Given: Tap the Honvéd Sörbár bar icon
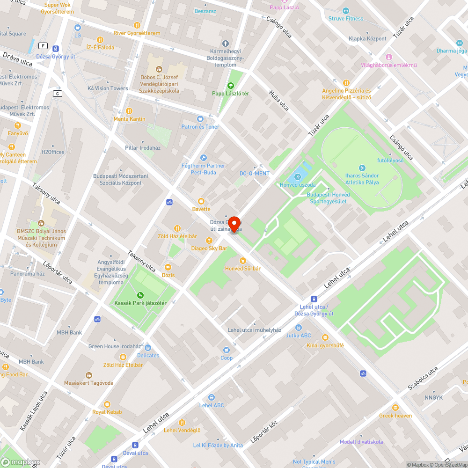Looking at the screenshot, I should pos(242,260).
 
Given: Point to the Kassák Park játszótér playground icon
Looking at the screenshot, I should pos(140,295).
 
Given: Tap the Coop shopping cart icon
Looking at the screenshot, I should pos(227,350).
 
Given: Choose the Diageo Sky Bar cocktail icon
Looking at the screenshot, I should pos(209,241).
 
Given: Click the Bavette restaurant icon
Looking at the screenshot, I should pos(201,201).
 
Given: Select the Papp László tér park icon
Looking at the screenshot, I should pos(230,86).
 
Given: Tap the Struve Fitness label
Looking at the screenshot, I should pos(345,19).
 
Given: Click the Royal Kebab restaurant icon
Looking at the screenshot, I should pos(107,404).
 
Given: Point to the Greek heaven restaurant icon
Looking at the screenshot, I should pos(395,408).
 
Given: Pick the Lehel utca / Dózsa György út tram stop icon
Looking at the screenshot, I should pos(314,299).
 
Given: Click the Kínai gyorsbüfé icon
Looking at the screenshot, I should pos(325,337).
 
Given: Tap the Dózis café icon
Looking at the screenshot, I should pos(168,267).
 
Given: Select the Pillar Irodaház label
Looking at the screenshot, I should pos(143,148).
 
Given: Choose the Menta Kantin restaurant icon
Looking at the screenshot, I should pos(129,111).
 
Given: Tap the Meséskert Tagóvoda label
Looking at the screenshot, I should pos(89,383).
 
